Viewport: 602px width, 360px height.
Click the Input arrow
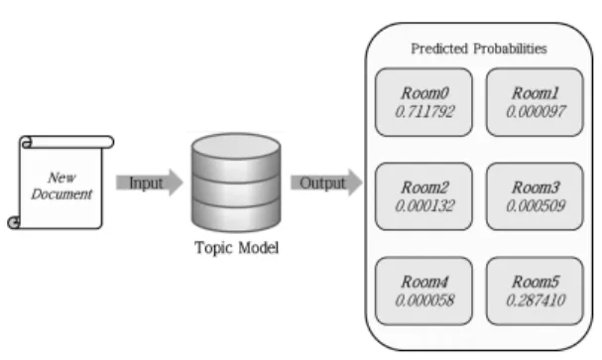click(x=150, y=182)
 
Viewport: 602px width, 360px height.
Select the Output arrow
click(x=326, y=182)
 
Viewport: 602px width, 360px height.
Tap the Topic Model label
click(x=236, y=248)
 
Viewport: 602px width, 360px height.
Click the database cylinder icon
click(x=236, y=182)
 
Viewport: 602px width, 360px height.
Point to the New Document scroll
click(x=60, y=182)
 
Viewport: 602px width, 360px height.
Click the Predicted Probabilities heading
click(x=479, y=49)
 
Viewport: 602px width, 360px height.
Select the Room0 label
click(x=424, y=93)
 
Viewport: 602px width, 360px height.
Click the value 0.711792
click(x=424, y=112)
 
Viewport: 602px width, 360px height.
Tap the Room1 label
click(x=536, y=93)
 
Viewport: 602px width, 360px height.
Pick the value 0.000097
click(x=536, y=112)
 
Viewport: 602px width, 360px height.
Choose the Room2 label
click(x=424, y=187)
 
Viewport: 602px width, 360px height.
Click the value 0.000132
click(x=424, y=206)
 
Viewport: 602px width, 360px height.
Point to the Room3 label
click(x=536, y=187)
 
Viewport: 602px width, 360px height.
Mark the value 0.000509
click(x=536, y=206)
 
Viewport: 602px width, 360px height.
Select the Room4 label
click(x=424, y=282)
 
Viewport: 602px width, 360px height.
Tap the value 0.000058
click(x=424, y=300)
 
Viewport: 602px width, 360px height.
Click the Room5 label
click(x=536, y=282)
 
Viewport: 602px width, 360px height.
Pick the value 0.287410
click(x=536, y=300)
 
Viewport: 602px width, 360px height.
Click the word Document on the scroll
click(x=61, y=194)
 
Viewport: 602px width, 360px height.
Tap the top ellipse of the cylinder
click(x=236, y=146)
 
